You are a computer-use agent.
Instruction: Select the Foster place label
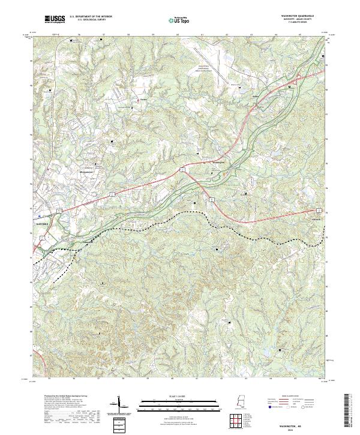143,100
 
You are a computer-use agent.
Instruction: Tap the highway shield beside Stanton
318,211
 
